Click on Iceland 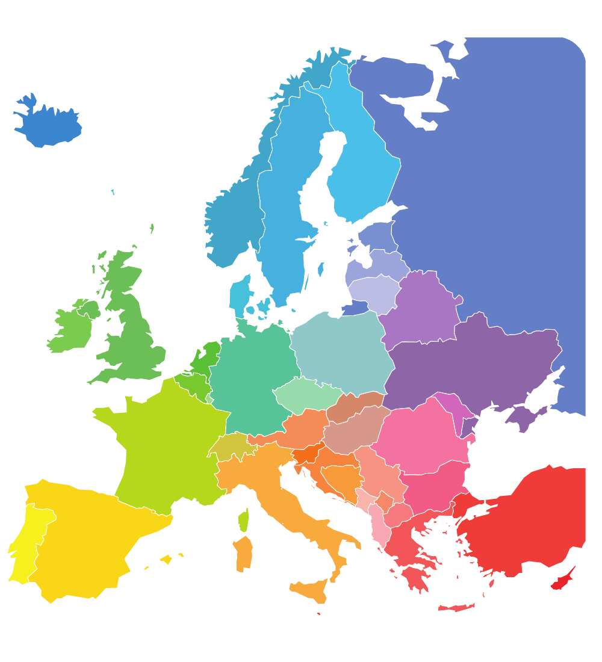pos(48,123)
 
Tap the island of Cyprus pos(563,580)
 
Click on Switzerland pos(231,445)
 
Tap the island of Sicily pos(310,590)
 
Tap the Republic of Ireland pos(69,328)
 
